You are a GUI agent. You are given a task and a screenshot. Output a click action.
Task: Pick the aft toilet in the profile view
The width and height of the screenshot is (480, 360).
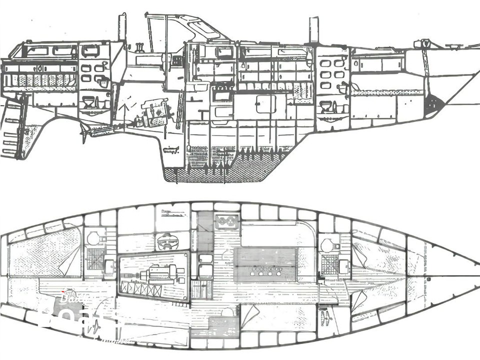(x=89, y=102)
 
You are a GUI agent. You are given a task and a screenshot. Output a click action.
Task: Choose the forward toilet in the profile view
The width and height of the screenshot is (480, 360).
(x=326, y=106)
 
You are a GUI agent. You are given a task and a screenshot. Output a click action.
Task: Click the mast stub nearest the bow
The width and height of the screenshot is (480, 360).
(x=313, y=30)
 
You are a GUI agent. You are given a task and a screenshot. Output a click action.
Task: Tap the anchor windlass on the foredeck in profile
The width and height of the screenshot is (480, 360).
(x=422, y=44)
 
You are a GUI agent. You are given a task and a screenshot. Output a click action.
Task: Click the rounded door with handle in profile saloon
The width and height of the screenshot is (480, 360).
(x=265, y=104)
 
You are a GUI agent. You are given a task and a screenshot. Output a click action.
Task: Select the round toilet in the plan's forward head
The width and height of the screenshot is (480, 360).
(x=327, y=245)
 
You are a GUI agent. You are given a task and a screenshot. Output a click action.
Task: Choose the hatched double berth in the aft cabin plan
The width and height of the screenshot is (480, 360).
(x=45, y=252)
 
